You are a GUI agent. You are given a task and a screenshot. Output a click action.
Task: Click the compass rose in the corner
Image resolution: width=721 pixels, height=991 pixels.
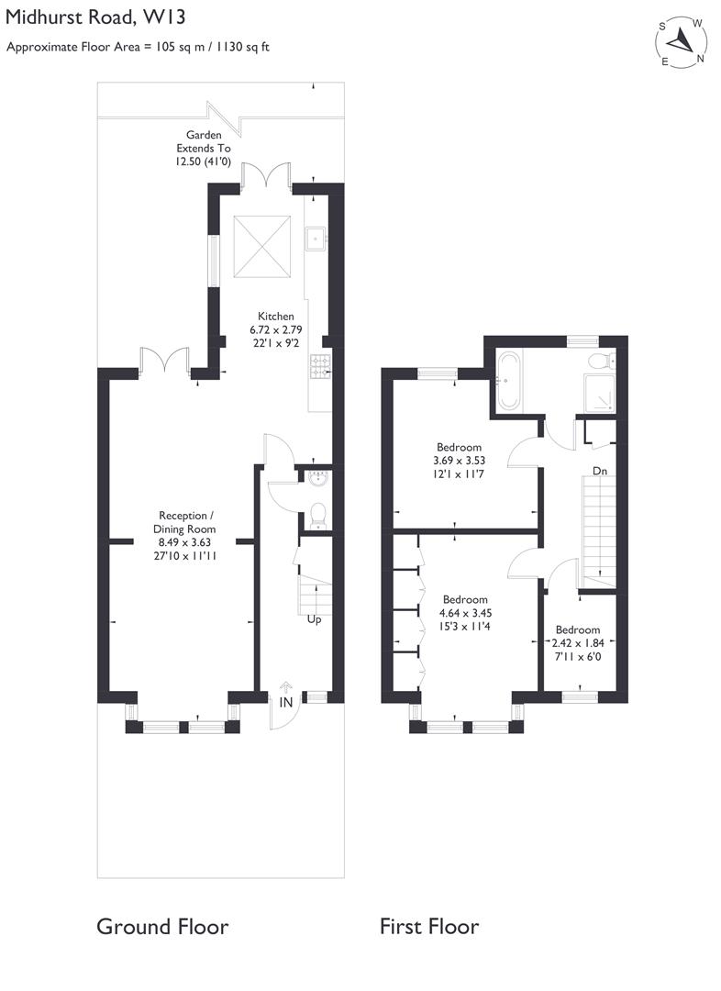[x=681, y=42]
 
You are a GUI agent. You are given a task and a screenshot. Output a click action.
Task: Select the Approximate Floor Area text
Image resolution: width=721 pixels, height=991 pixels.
[x=139, y=46]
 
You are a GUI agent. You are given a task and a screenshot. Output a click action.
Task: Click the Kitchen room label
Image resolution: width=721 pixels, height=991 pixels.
[x=272, y=317]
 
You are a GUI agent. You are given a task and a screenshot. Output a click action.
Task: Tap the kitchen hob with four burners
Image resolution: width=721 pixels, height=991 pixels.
[x=321, y=367]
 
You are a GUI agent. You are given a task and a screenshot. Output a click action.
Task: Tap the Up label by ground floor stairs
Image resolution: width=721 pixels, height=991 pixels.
[x=314, y=619]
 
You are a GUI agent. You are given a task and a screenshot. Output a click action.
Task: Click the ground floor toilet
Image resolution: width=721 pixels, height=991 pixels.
[x=317, y=516]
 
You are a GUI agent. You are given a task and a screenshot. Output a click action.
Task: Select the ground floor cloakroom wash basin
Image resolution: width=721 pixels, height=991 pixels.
[x=317, y=478]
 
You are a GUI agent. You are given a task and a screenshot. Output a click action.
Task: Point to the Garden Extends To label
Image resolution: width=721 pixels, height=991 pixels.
[x=205, y=148]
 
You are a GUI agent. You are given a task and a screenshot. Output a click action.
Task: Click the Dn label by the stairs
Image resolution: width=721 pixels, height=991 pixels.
[x=600, y=471]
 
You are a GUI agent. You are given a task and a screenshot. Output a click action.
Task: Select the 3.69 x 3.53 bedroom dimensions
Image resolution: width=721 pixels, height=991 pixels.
[x=457, y=461]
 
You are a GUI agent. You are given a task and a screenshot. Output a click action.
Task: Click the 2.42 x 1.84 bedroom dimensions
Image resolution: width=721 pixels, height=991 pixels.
[x=577, y=643]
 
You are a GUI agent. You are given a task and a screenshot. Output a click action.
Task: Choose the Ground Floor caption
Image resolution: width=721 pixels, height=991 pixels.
[x=162, y=926]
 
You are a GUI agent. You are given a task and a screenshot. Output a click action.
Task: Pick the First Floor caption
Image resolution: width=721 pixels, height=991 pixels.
[x=429, y=926]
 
